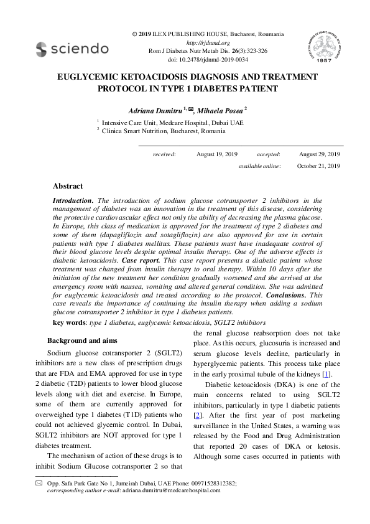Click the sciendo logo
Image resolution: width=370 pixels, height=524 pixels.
pyautogui.click(x=72, y=49)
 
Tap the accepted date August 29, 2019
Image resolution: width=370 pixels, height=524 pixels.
pyautogui.click(x=320, y=154)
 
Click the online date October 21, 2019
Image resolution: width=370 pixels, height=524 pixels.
pyautogui.click(x=318, y=166)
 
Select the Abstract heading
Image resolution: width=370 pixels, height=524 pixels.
pyautogui.click(x=68, y=186)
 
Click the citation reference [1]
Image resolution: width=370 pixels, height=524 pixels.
pyautogui.click(x=325, y=374)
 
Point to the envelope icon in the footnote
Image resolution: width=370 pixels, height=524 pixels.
pyautogui.click(x=39, y=483)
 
